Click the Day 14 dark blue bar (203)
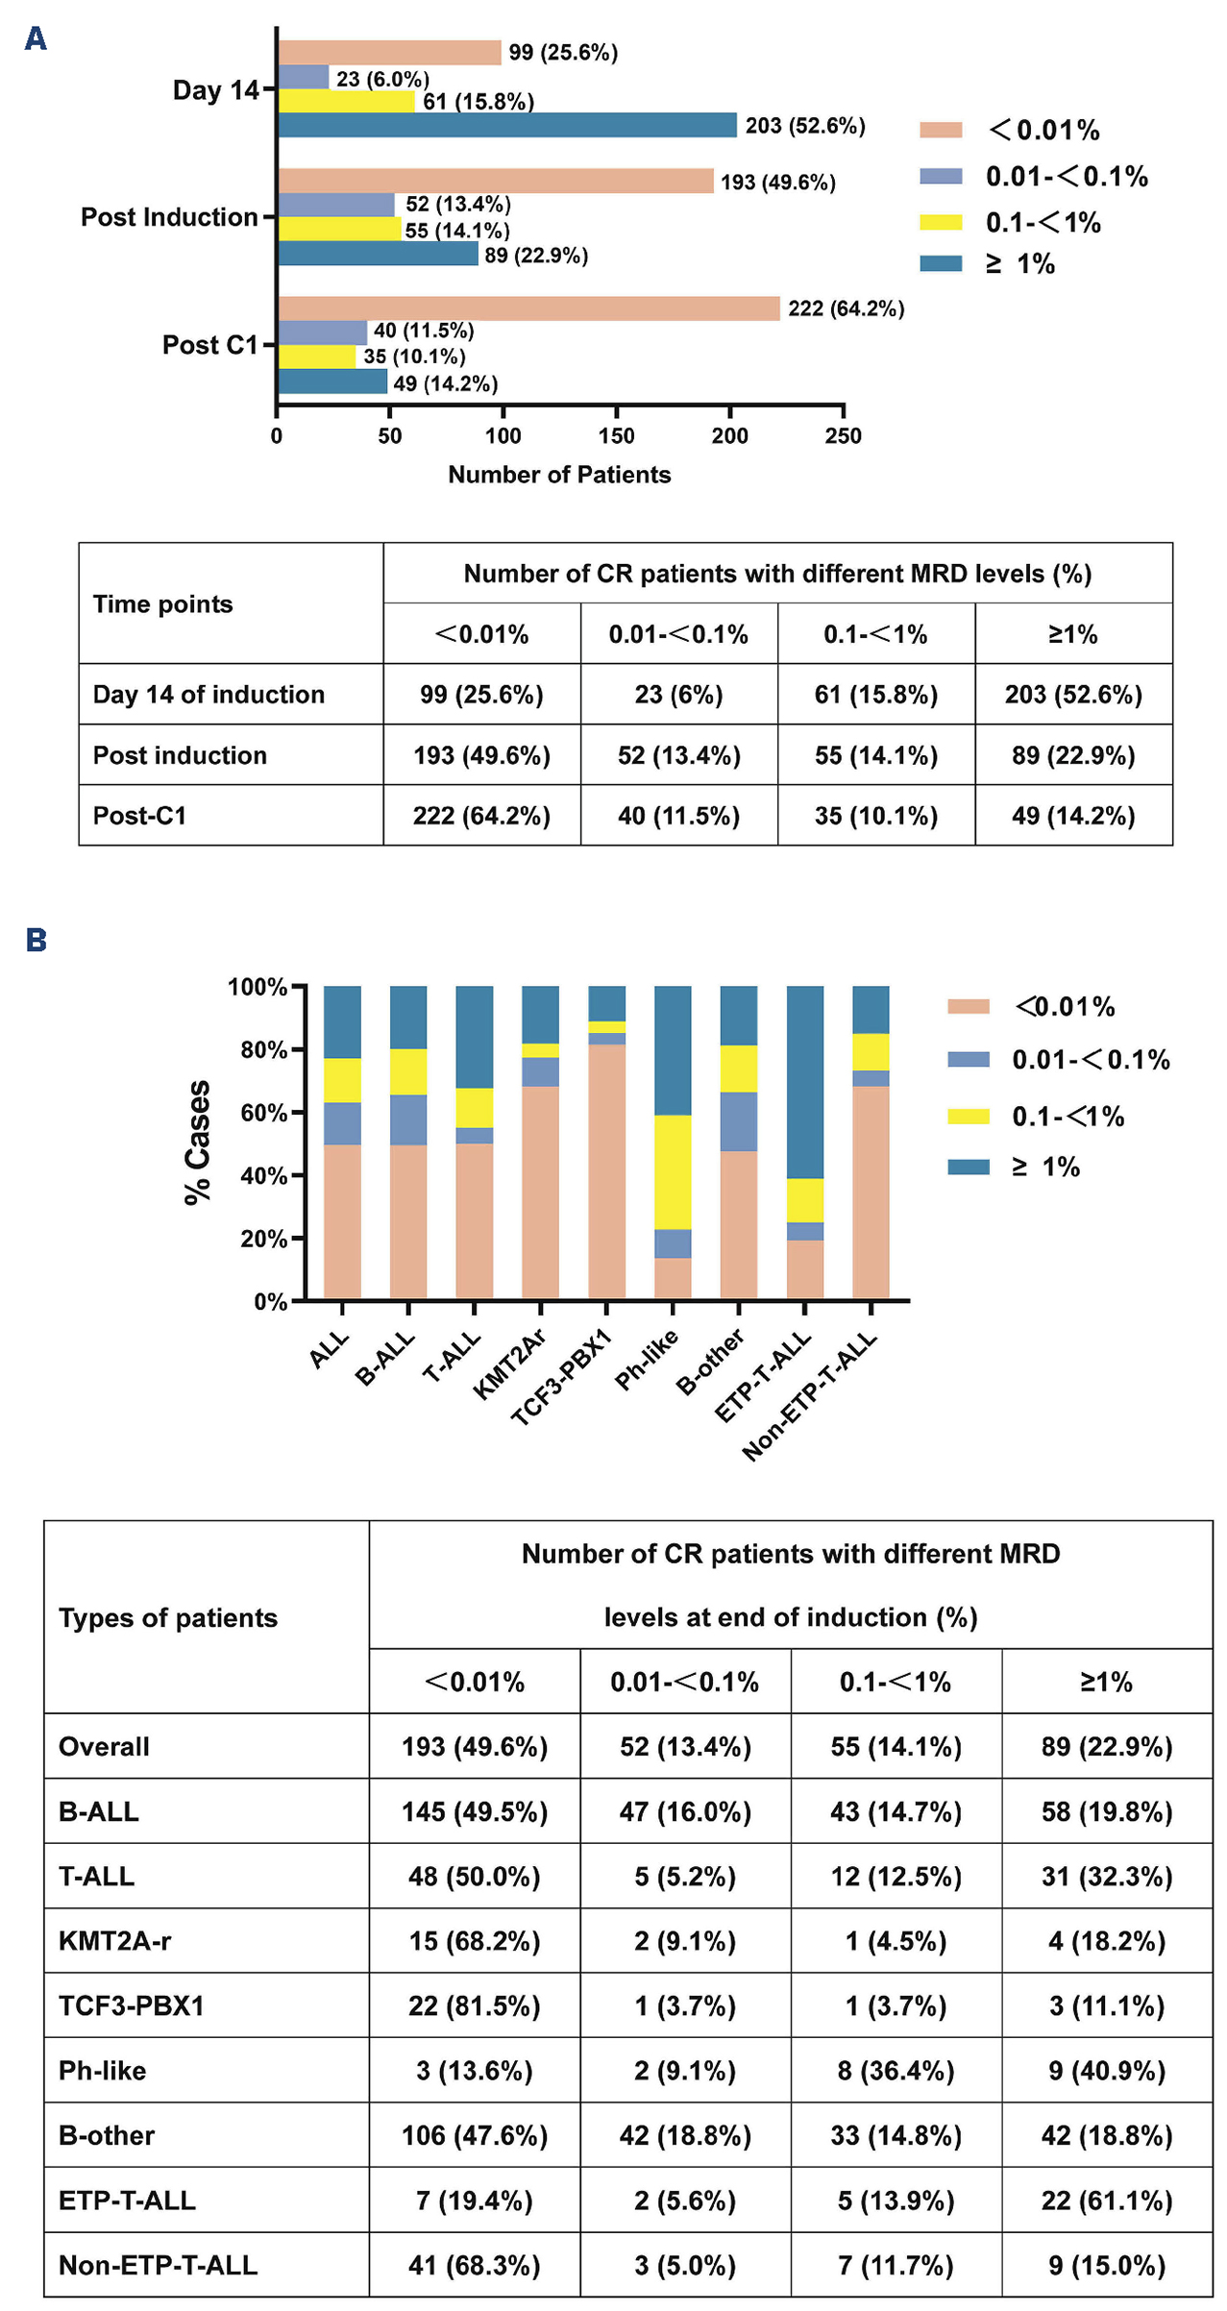point(507,125)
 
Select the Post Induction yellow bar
point(339,229)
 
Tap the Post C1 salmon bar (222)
point(528,308)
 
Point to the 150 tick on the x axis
point(616,436)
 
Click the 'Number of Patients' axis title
point(559,475)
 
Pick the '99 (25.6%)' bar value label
point(563,53)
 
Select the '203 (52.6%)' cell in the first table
point(1073,695)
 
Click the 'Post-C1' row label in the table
point(139,816)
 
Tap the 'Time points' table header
point(162,604)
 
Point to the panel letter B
point(37,940)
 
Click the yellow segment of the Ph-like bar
point(673,1171)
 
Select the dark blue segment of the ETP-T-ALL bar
point(805,1081)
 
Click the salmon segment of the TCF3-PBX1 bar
point(606,1170)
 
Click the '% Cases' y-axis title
point(198,1143)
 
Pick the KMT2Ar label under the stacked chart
point(511,1364)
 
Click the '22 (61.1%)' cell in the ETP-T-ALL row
point(1107,2200)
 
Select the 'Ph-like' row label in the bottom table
point(102,2071)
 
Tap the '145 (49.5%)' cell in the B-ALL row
point(475,1812)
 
